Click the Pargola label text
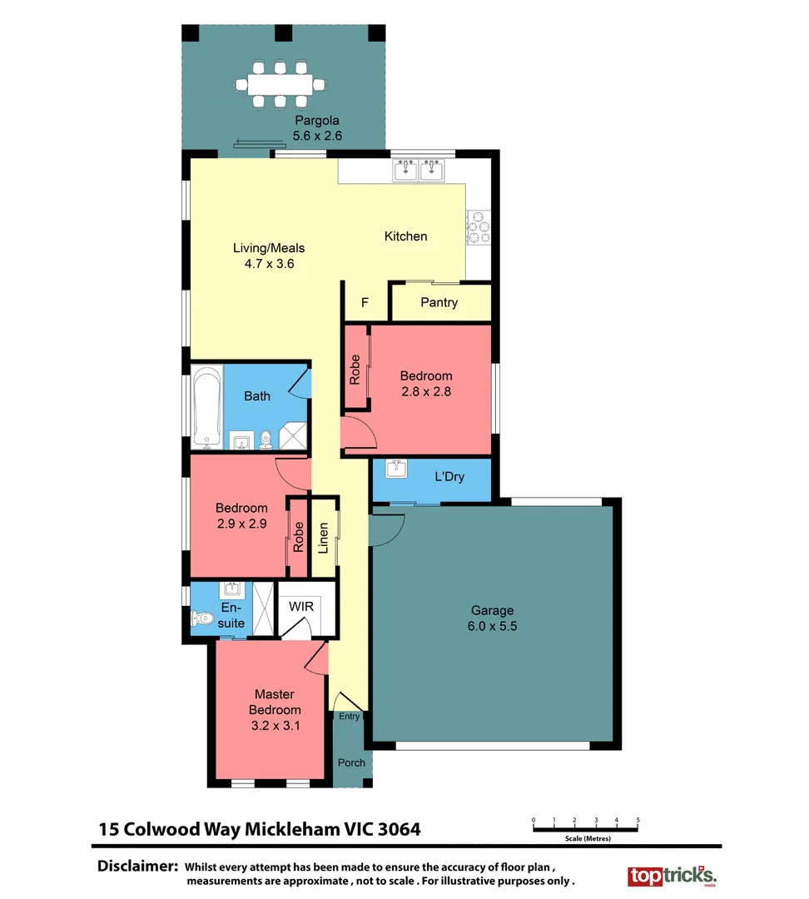coord(316,121)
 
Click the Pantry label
coord(439,302)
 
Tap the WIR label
coord(302,607)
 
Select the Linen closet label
coord(324,538)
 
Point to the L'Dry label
coord(449,477)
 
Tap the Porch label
coord(351,762)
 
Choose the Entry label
coord(350,716)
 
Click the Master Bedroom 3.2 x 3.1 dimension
coord(275,725)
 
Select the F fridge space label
coord(365,302)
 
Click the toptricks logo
coord(671,877)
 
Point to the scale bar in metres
coord(585,827)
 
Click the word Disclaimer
coord(138,865)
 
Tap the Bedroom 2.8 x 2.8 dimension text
coord(425,391)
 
